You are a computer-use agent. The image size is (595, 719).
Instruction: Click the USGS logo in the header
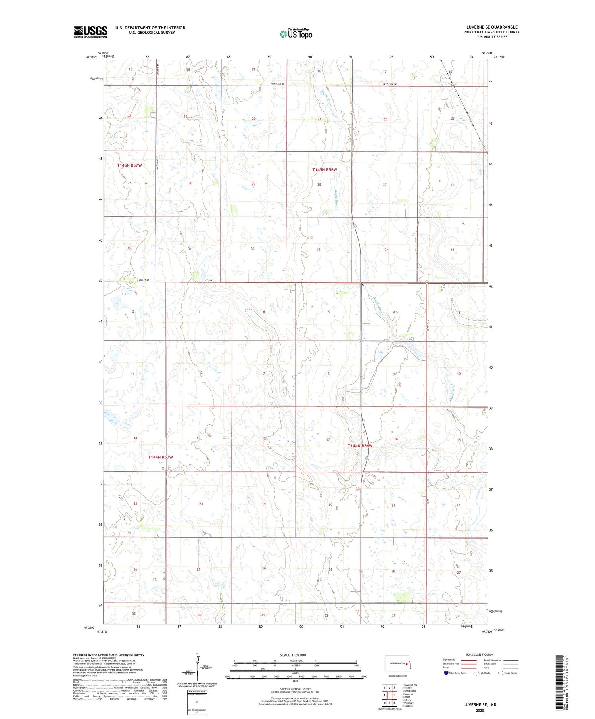coord(90,32)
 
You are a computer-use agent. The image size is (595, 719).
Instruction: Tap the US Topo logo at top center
coord(296,34)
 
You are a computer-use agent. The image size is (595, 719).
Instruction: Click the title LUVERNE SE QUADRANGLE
coord(492,27)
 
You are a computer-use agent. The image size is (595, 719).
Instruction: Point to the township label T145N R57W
coord(129,165)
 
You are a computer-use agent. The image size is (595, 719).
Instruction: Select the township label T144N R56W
coord(360,446)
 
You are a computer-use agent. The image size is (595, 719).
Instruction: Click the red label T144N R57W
coord(160,457)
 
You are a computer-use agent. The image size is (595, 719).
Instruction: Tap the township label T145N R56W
coord(324,169)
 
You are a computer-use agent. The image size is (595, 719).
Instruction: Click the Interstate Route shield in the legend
coord(446,673)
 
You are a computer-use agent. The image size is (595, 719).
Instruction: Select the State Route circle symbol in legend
coord(501,673)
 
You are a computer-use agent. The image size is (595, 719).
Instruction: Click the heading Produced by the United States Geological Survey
coord(108,655)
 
